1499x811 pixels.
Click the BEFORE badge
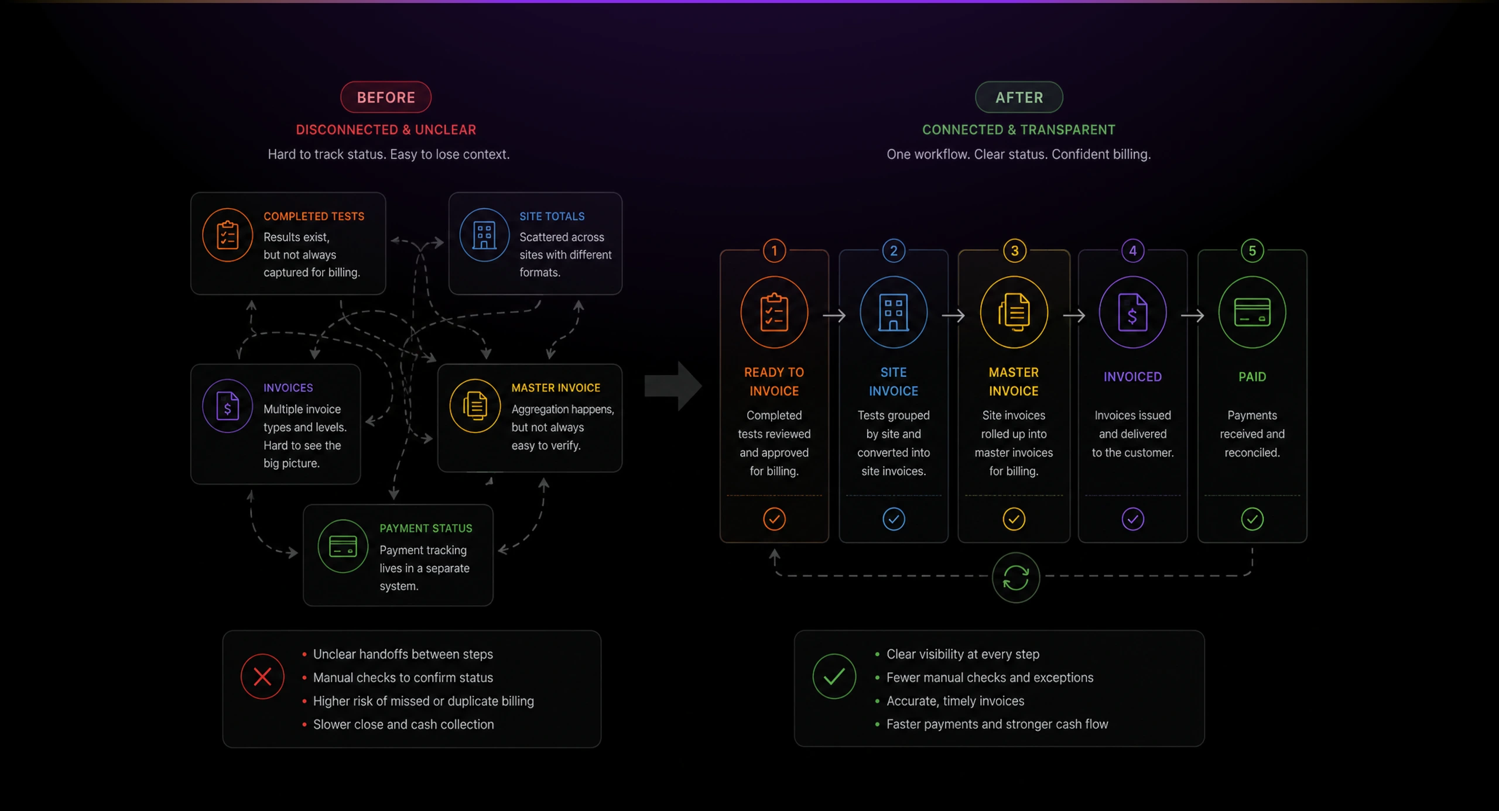click(386, 97)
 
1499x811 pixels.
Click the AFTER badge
click(1019, 97)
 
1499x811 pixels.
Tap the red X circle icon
click(262, 676)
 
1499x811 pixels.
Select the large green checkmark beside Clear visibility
click(834, 676)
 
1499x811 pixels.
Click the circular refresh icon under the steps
click(1016, 578)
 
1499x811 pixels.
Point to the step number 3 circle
click(1015, 251)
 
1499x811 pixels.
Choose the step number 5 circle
click(1252, 251)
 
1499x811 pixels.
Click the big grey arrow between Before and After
click(673, 386)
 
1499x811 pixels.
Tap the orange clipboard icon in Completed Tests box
click(228, 235)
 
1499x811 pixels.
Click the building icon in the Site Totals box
click(484, 235)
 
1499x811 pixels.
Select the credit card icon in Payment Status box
click(343, 547)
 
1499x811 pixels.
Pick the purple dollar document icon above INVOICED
click(1133, 312)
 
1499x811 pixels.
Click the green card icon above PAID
click(1252, 312)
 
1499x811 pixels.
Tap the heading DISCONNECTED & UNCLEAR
click(386, 130)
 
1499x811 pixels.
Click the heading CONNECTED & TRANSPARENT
click(1019, 130)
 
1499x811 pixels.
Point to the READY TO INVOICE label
click(774, 382)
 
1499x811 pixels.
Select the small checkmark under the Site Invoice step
click(894, 519)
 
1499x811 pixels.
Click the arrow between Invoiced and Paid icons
click(1193, 315)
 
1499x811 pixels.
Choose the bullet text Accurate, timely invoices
click(956, 701)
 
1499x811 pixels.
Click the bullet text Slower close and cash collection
click(403, 724)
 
